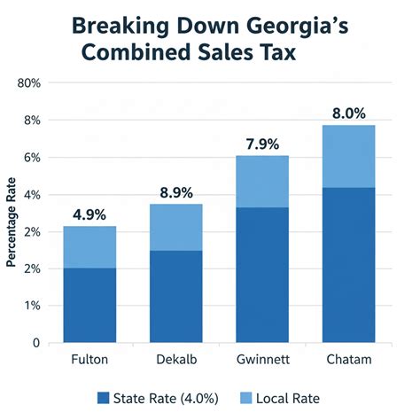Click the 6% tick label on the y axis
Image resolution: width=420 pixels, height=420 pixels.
(31, 157)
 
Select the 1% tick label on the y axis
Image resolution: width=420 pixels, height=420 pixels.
(31, 306)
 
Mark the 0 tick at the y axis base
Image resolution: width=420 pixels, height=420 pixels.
(35, 343)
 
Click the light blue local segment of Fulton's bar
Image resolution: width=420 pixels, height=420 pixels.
(89, 247)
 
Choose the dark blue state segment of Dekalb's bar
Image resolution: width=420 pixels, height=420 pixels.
(175, 296)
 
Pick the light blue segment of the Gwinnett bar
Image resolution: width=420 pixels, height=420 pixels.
(261, 182)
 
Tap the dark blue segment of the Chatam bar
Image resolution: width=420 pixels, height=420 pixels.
(348, 264)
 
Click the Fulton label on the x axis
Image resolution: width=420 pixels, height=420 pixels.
(89, 361)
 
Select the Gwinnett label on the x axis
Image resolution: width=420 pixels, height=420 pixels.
(261, 361)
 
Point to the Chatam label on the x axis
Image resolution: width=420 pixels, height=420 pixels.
(348, 361)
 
